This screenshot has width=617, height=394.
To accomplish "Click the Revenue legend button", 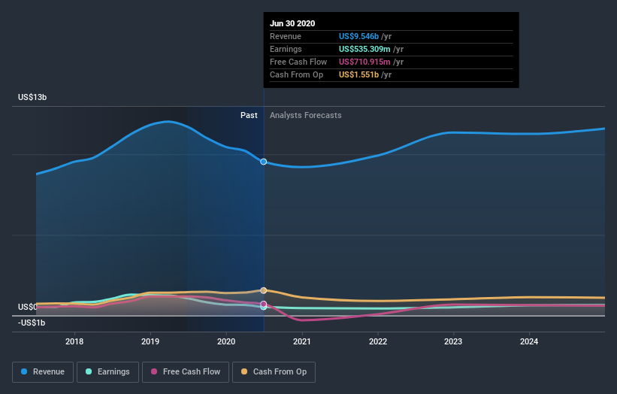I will click(44, 371).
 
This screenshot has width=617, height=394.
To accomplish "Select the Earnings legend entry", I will click(107, 371).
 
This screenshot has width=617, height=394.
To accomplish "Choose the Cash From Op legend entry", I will click(274, 371).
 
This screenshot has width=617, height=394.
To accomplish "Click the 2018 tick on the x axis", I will click(74, 341).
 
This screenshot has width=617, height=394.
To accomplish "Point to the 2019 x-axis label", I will click(150, 341).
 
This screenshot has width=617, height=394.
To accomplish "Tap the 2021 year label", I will click(301, 341).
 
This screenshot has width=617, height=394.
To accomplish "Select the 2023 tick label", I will click(453, 341).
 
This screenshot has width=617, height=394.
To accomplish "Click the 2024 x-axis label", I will click(529, 341).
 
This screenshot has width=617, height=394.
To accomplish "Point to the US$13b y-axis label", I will click(32, 98).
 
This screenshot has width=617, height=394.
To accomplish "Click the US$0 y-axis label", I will click(27, 307).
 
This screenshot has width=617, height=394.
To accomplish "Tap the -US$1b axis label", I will click(32, 323).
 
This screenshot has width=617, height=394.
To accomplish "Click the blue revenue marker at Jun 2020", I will click(264, 162).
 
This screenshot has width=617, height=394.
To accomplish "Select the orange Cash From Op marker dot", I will click(264, 290).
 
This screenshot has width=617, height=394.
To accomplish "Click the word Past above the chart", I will click(249, 115).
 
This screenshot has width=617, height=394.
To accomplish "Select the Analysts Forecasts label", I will click(305, 115).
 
